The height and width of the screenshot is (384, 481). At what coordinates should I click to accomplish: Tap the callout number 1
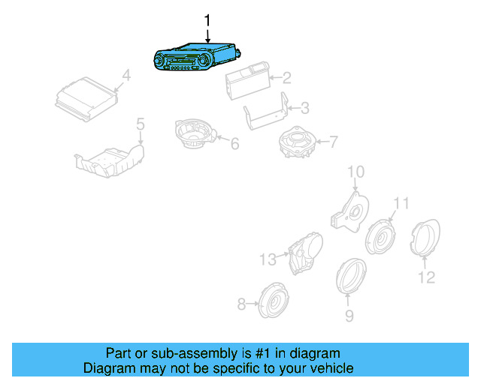pyautogui.click(x=208, y=20)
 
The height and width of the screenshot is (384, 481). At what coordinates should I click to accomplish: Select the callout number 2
pyautogui.click(x=286, y=77)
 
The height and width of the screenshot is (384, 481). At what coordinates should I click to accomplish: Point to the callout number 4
pyautogui.click(x=126, y=75)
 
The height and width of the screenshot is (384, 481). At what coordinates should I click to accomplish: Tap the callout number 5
pyautogui.click(x=140, y=122)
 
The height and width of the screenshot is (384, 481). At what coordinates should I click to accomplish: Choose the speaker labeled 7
pyautogui.click(x=295, y=142)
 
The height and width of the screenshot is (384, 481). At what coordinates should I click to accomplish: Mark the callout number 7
pyautogui.click(x=334, y=140)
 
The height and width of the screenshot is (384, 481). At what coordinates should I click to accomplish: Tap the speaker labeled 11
pyautogui.click(x=380, y=237)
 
